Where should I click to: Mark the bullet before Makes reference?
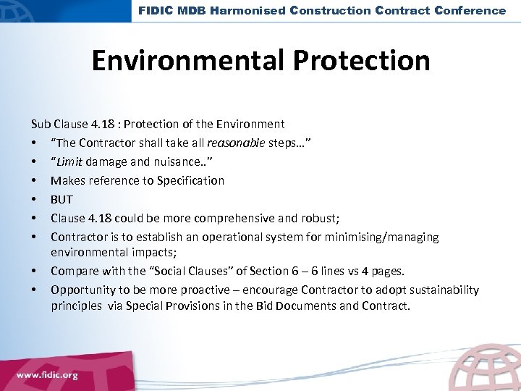35,180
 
